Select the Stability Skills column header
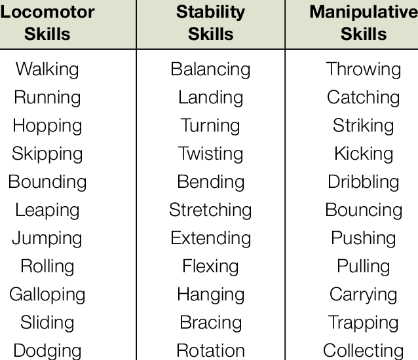click(x=210, y=23)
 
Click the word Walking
click(x=47, y=69)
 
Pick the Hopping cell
click(x=47, y=125)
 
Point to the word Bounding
click(x=47, y=181)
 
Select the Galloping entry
click(x=47, y=294)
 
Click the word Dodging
click(x=47, y=350)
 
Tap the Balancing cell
click(x=210, y=69)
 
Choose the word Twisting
click(x=210, y=153)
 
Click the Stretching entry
click(x=210, y=209)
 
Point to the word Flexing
click(x=210, y=266)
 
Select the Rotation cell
click(x=210, y=350)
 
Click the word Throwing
click(x=364, y=69)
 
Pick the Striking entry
click(x=364, y=125)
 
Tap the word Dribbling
click(x=364, y=181)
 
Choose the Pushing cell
click(x=364, y=238)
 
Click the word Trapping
click(x=364, y=322)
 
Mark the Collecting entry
click(x=364, y=350)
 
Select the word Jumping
click(x=47, y=238)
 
